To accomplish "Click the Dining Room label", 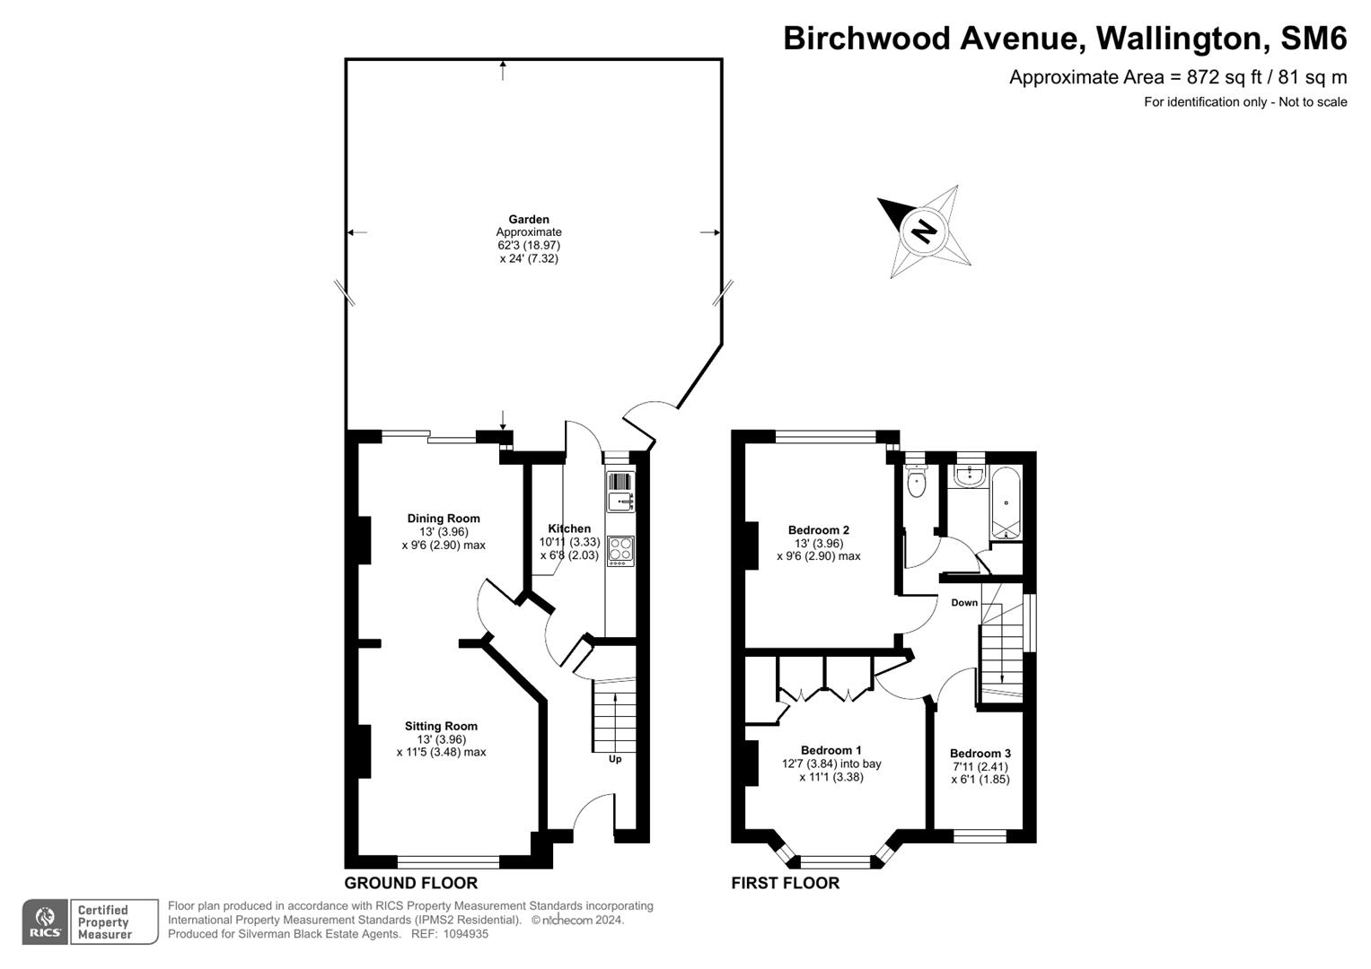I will [444, 519].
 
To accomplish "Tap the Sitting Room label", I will [441, 727].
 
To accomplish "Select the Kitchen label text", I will [569, 529].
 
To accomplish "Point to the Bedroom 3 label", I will [980, 754].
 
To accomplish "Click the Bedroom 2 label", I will [818, 530].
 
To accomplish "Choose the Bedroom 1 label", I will [831, 751].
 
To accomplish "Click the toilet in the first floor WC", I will [916, 484].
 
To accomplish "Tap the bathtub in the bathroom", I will [1006, 502].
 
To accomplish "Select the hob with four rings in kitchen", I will [620, 549].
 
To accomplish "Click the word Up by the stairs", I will [615, 759].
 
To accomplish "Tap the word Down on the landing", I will [964, 603].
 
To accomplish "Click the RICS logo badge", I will [45, 922].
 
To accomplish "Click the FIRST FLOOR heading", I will [785, 884].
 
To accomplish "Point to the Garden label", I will [529, 220].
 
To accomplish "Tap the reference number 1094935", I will [461, 934].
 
